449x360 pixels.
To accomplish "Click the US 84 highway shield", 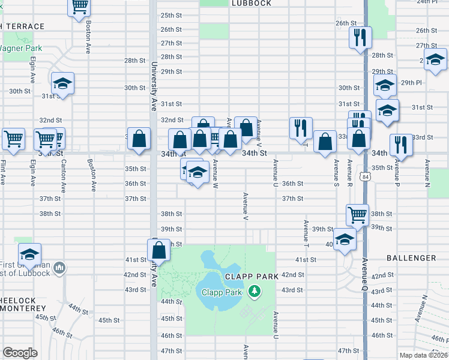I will [x=366, y=177].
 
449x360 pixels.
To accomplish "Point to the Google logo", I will [x=20, y=353].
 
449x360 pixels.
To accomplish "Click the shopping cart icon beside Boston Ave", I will [x=80, y=7].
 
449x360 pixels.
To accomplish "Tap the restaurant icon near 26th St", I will [x=360, y=37].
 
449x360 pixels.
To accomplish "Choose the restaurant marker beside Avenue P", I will [x=400, y=145].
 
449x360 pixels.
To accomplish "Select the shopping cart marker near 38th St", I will [x=357, y=214].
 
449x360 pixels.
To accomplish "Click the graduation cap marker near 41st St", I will [x=29, y=254].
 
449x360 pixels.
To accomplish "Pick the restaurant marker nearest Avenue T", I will [x=301, y=127].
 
